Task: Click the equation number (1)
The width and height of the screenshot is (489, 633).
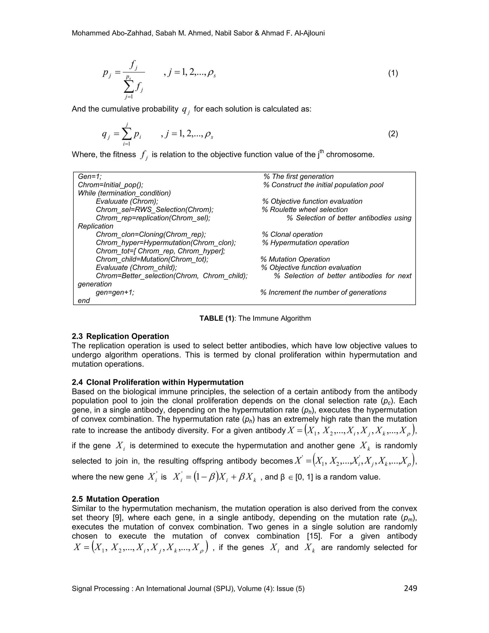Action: point(393,73)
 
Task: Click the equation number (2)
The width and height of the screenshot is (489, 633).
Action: point(393,134)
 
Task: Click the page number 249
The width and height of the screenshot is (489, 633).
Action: point(410,588)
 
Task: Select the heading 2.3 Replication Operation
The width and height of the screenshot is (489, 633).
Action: point(120,336)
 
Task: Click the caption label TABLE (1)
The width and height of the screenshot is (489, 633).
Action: point(217,318)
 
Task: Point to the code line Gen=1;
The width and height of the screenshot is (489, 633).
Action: point(90,177)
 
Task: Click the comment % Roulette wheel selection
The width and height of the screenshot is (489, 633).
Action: point(304,209)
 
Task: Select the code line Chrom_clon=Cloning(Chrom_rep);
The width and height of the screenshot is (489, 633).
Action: point(151,235)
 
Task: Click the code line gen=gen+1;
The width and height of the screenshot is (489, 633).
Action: point(115,292)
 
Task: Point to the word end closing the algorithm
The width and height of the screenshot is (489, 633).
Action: point(84,300)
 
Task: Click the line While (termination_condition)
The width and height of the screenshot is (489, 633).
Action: point(124,193)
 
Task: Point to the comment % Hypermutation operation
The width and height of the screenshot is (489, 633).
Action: point(305,243)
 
